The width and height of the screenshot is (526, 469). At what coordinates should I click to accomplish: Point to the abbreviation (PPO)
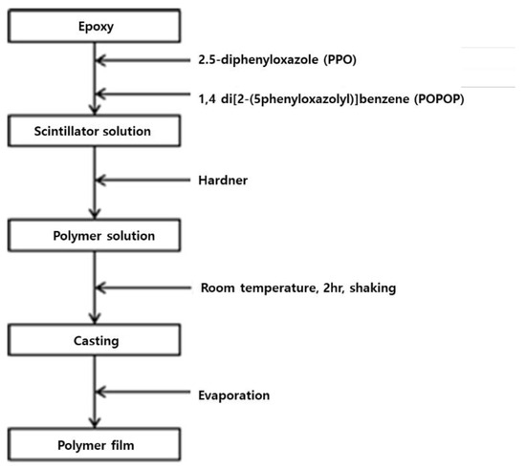340,60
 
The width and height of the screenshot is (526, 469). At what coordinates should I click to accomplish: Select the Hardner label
223,181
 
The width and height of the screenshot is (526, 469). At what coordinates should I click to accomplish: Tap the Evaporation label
233,395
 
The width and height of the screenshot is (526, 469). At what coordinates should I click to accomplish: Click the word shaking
373,288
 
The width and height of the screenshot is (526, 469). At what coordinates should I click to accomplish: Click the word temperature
279,288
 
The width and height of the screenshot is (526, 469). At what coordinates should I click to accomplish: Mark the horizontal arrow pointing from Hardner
143,181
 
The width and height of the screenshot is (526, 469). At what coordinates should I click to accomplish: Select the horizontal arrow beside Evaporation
143,392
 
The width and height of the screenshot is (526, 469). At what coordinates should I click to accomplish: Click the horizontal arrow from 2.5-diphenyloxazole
143,60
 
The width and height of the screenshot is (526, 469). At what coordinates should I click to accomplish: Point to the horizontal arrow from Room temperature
143,288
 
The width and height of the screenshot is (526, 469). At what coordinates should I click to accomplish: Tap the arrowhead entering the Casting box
95,319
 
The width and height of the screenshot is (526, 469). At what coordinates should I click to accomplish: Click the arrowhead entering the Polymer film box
95,423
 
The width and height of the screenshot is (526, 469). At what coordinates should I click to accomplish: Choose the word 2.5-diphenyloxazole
258,60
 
